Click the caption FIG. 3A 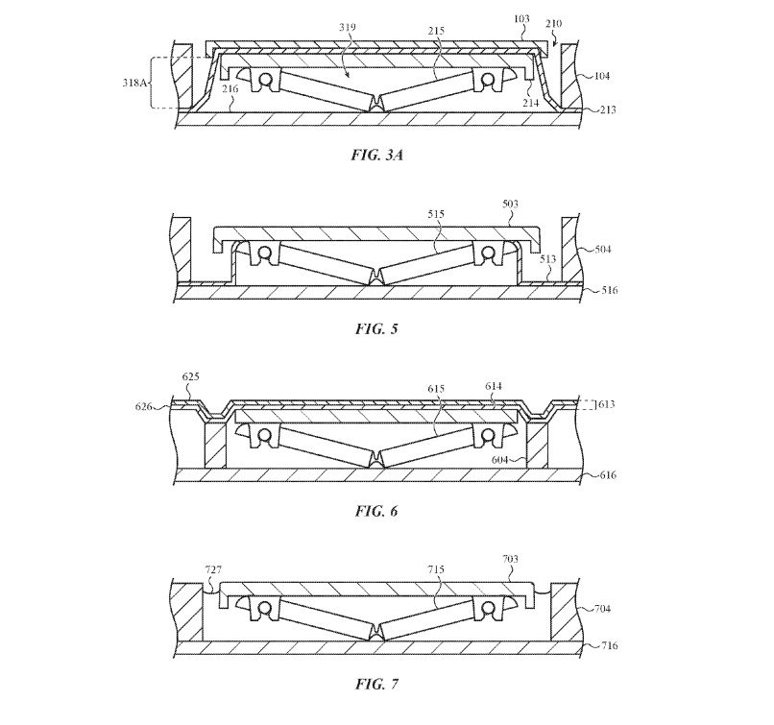point(377,155)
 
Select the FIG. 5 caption point(376,328)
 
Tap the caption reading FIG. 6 point(376,511)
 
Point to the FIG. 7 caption point(376,684)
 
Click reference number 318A point(134,83)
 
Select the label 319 point(348,27)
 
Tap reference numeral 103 point(521,19)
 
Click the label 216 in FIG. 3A point(230,89)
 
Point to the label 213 point(608,109)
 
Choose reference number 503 point(510,204)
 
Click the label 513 point(548,258)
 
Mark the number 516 point(609,290)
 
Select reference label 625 point(190,376)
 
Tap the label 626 point(144,406)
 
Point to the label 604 point(500,460)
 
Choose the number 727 point(213,570)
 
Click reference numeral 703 point(510,559)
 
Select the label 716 point(609,645)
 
